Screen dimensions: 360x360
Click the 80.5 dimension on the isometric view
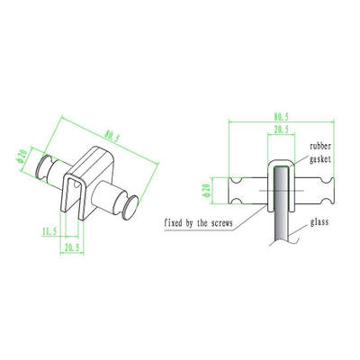[112, 137]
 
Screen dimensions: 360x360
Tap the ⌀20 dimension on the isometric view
[22, 157]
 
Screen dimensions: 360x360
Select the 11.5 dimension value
[49, 231]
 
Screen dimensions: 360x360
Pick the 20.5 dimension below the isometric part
[72, 247]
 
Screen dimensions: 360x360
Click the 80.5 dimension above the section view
[281, 116]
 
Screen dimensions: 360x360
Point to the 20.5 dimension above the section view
[281, 130]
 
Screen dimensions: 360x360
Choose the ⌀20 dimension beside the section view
[206, 191]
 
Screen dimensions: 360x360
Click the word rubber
[320, 146]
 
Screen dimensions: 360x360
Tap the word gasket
[320, 159]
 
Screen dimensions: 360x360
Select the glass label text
[319, 222]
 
